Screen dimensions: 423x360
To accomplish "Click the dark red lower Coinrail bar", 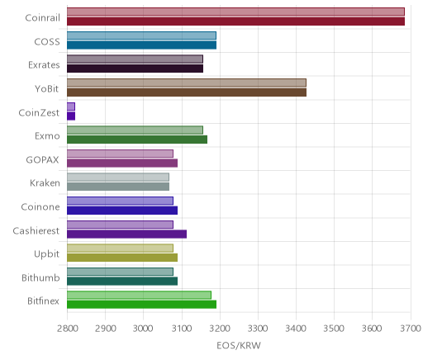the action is [235, 21].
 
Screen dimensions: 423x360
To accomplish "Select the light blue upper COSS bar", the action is [141, 36].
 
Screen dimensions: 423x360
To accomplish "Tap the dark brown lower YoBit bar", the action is [187, 92].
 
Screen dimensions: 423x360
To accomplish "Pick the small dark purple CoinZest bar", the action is [71, 116].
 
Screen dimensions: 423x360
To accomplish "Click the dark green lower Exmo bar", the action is [137, 140].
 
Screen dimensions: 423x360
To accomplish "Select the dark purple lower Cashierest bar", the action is [126, 234].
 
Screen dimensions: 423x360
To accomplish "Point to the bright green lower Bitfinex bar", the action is [141, 305].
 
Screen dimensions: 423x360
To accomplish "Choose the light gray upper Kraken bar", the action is [118, 178].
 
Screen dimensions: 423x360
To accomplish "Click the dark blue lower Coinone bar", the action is [122, 211].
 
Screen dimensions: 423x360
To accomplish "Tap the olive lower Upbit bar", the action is [122, 258].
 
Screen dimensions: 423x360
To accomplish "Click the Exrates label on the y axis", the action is [44, 65].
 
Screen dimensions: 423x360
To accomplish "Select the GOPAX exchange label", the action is [42, 159].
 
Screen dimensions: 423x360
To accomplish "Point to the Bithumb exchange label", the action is [40, 277].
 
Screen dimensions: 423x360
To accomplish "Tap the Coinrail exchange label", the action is [42, 17].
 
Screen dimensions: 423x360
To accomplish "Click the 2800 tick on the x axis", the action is [67, 329].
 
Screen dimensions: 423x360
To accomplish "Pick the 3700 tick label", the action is [411, 329].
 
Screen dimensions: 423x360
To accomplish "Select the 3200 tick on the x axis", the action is [220, 329].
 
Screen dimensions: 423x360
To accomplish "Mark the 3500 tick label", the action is [334, 329].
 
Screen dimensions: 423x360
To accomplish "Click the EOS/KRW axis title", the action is [239, 345].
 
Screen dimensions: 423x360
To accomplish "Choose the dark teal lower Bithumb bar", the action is [122, 281].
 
